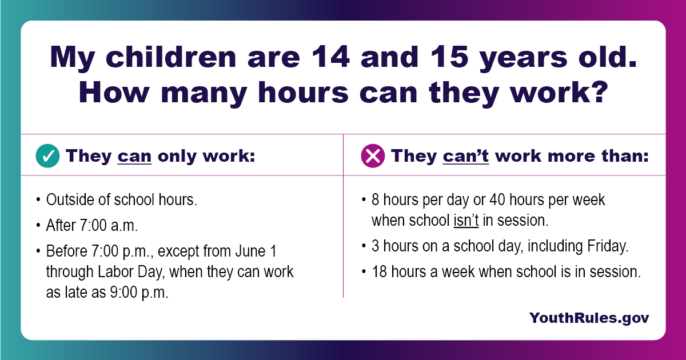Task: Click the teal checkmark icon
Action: [x=47, y=156]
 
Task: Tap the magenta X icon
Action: [x=373, y=156]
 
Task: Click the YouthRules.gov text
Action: [x=589, y=318]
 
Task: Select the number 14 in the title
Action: [x=330, y=57]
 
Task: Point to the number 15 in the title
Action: [x=449, y=57]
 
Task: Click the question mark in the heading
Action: [x=599, y=93]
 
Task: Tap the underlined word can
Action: [x=134, y=157]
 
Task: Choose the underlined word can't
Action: [x=465, y=156]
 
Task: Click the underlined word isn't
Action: [x=466, y=221]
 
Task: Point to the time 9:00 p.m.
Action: [x=139, y=293]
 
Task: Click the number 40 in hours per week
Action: [x=497, y=200]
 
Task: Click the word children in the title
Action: [x=171, y=57]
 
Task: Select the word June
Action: [x=250, y=251]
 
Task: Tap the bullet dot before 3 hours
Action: [x=364, y=246]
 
